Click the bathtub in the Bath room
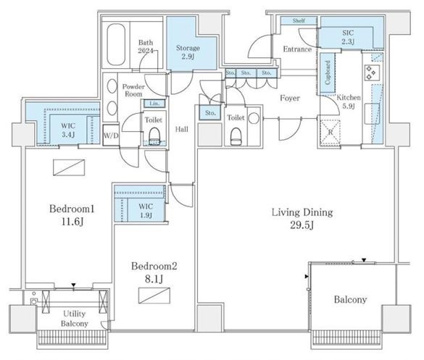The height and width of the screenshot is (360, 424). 116,45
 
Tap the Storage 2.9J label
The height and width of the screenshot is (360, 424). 188,52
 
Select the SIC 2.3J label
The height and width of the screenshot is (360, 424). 348,37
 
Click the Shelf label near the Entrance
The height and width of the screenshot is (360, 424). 299,21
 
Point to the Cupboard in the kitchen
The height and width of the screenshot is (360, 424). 328,72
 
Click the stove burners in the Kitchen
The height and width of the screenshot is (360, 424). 370,72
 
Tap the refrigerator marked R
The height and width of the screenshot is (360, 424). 331,132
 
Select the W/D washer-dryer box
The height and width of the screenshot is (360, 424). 111,135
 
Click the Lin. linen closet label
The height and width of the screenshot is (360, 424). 154,104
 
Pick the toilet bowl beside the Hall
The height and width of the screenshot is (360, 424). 154,136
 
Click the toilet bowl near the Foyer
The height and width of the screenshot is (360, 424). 236,136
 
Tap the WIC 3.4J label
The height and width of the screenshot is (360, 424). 68,130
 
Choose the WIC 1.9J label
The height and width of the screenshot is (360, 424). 146,211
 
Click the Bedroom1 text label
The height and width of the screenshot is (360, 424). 72,209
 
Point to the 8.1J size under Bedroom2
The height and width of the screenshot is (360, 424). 154,279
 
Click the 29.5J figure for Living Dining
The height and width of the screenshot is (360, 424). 302,225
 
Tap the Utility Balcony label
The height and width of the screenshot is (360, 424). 75,319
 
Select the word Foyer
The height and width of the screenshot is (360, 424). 290,98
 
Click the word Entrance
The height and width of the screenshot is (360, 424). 297,49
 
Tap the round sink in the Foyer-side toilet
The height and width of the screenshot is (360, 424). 254,118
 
